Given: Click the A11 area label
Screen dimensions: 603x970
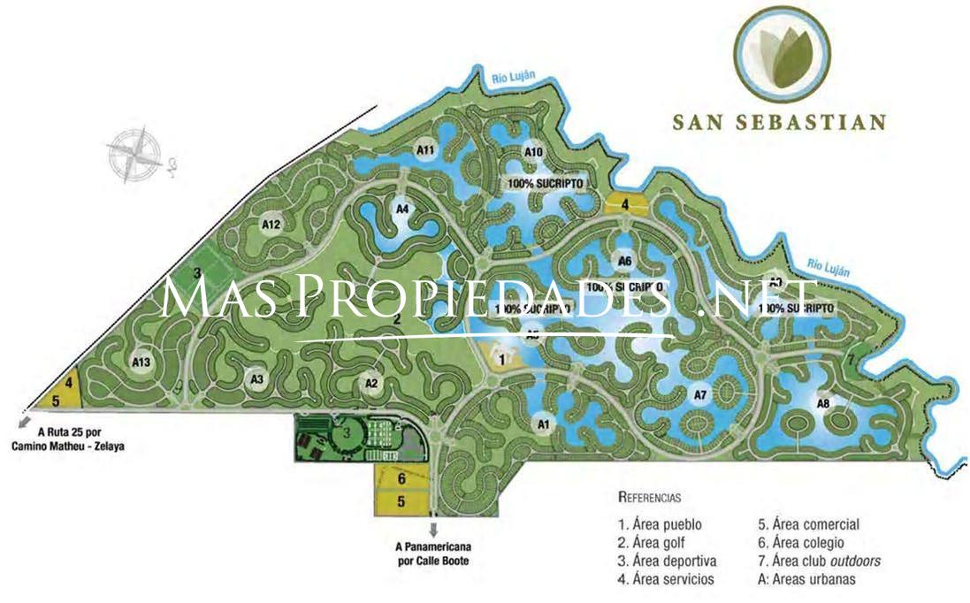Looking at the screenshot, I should [x=425, y=149].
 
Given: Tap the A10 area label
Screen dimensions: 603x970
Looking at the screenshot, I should [x=533, y=152].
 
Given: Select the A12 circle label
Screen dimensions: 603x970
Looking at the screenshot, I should [x=271, y=225].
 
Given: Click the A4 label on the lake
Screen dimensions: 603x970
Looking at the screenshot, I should [x=402, y=210].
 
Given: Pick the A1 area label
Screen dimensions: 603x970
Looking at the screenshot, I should [x=544, y=425].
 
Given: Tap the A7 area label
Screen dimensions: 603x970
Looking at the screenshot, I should [x=699, y=393].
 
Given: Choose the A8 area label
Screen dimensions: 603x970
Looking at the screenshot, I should [x=823, y=404].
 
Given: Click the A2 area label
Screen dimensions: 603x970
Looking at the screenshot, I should [x=371, y=383].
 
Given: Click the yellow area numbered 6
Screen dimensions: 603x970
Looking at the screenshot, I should [x=401, y=479].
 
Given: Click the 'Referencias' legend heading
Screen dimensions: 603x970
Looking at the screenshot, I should [x=649, y=498].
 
